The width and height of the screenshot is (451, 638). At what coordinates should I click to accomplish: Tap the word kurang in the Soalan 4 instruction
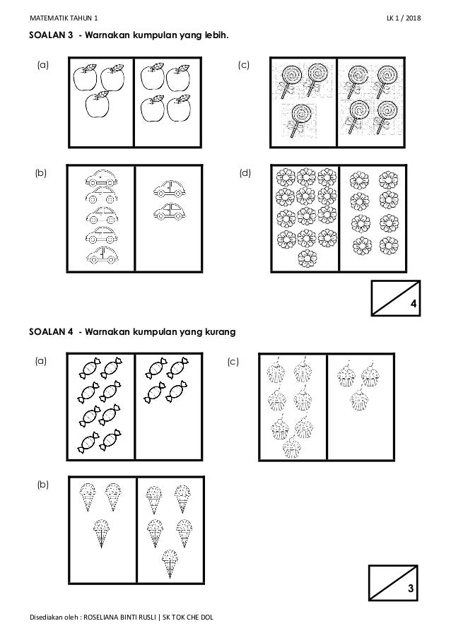tap(218, 331)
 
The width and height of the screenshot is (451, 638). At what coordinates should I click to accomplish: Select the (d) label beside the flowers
tap(245, 172)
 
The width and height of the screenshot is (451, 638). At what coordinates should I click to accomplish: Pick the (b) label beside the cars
tap(43, 172)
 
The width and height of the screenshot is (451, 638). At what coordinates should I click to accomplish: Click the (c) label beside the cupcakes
tap(233, 362)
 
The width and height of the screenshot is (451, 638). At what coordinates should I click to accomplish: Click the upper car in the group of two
tap(169, 189)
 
